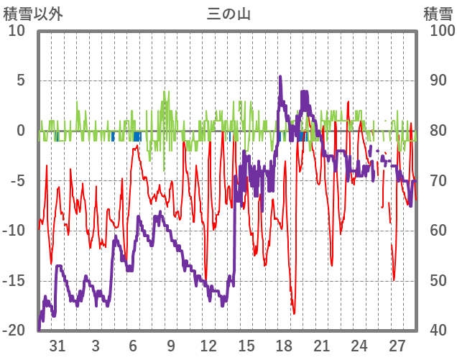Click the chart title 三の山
(x=228, y=14)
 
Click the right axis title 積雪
(x=438, y=14)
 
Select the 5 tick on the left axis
(x=21, y=80)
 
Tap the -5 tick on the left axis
(x=18, y=180)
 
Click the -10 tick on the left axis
(x=14, y=231)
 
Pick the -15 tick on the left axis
(x=14, y=281)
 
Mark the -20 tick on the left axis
(x=14, y=331)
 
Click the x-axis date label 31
(x=57, y=345)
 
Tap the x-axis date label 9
(x=171, y=345)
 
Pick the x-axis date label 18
(x=284, y=345)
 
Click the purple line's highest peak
(x=280, y=76)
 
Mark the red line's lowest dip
(x=294, y=313)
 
